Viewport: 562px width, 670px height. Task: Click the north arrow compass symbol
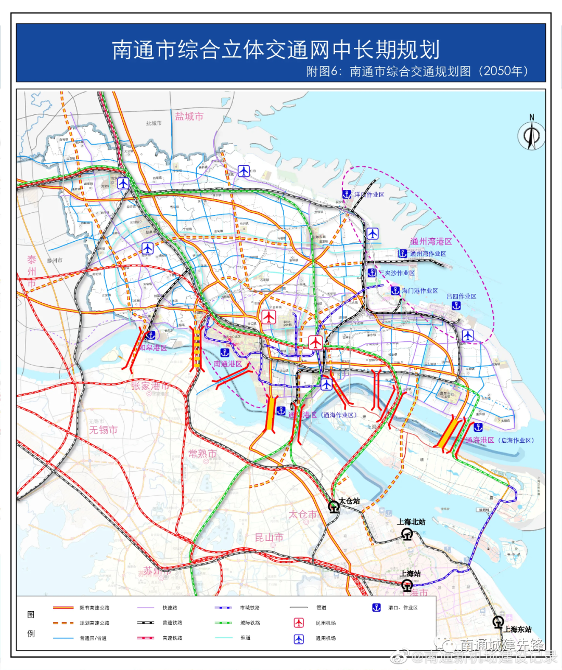click(x=532, y=136)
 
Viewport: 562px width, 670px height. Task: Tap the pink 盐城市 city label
click(x=189, y=117)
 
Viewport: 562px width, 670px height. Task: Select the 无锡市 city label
click(x=103, y=430)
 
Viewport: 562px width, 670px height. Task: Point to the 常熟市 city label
click(x=202, y=454)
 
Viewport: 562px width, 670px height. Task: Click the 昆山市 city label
click(x=269, y=537)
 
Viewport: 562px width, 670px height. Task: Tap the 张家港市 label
click(x=150, y=386)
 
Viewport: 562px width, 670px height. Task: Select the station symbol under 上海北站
click(x=407, y=534)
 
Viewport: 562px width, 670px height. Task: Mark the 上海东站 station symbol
click(x=499, y=622)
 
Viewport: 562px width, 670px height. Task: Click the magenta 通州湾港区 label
click(x=431, y=241)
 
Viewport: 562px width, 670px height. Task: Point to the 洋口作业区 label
click(x=369, y=195)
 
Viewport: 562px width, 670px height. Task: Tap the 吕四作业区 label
click(x=461, y=297)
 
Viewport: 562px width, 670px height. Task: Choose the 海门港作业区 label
click(x=419, y=291)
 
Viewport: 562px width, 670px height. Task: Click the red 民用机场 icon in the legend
click(x=299, y=623)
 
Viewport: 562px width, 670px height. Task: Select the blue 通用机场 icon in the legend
click(x=299, y=638)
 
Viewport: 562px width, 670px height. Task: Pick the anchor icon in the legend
click(x=376, y=608)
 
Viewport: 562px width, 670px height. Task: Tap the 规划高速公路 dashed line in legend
click(x=63, y=623)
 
